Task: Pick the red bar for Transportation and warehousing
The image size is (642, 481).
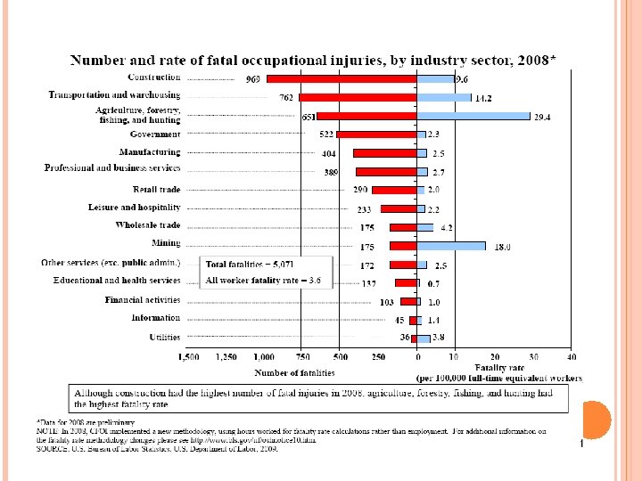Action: pyautogui.click(x=358, y=97)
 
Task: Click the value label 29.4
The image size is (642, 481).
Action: pyautogui.click(x=543, y=117)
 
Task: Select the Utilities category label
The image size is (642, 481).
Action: pyautogui.click(x=165, y=338)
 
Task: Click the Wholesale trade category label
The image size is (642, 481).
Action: pyautogui.click(x=148, y=225)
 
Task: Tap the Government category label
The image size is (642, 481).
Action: pyautogui.click(x=155, y=134)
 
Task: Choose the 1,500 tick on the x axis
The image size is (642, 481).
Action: pyautogui.click(x=188, y=358)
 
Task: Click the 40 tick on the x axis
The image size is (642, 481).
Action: pyautogui.click(x=571, y=358)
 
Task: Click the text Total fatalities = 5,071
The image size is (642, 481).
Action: pyautogui.click(x=250, y=265)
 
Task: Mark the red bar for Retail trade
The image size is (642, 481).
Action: pyautogui.click(x=394, y=190)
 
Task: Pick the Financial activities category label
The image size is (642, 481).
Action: pyautogui.click(x=143, y=300)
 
